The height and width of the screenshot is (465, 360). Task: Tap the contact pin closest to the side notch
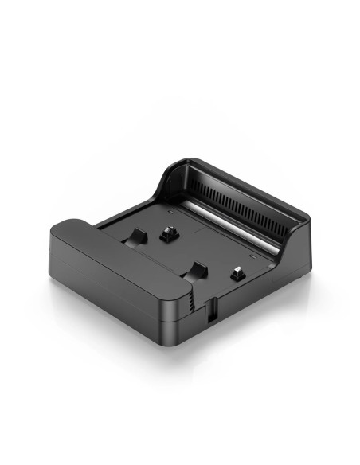pyautogui.click(x=237, y=273)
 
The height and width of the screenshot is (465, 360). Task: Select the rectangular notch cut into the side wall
pyautogui.click(x=211, y=311)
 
